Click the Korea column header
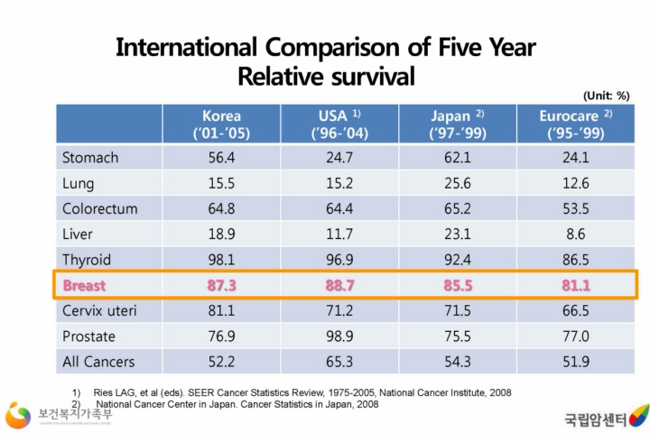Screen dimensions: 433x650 [221, 124]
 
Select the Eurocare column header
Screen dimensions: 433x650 [576, 124]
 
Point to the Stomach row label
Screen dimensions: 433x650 [90, 158]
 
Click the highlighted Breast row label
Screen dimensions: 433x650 [84, 285]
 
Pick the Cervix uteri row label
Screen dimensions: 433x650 [99, 311]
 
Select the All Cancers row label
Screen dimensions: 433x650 [98, 362]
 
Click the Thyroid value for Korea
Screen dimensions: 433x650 [221, 260]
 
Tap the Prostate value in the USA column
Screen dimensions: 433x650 [339, 336]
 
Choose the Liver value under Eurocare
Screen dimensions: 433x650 [576, 235]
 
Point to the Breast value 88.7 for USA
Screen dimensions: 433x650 [339, 285]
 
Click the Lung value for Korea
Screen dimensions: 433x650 [221, 183]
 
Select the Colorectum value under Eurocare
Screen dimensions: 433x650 [576, 208]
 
